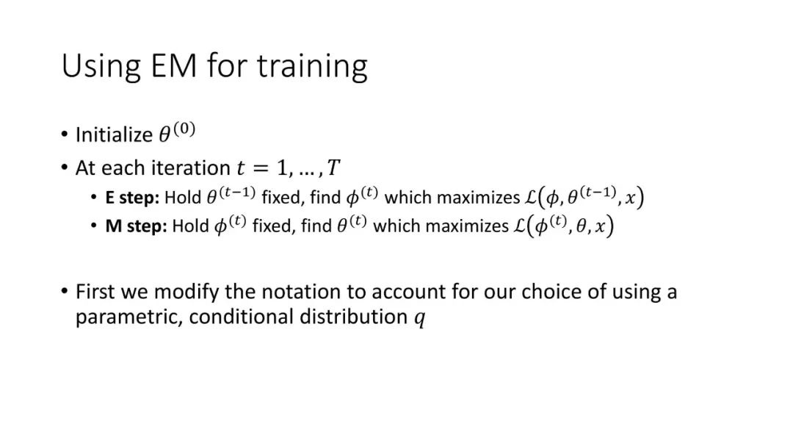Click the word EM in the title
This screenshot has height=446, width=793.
[x=173, y=65]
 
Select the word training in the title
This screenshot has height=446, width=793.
[x=312, y=67]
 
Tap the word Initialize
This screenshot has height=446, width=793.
[x=114, y=135]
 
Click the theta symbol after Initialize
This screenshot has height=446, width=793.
[x=164, y=135]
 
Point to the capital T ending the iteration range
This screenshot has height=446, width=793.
[x=333, y=168]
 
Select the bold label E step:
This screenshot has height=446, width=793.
[x=132, y=198]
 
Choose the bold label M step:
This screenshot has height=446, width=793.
[x=136, y=226]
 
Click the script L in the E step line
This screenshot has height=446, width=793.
[x=531, y=198]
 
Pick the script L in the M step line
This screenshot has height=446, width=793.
[x=519, y=226]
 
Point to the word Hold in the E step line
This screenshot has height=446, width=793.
[x=183, y=198]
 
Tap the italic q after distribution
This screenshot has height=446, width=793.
[x=420, y=319]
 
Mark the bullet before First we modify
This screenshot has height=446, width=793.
[x=64, y=291]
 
